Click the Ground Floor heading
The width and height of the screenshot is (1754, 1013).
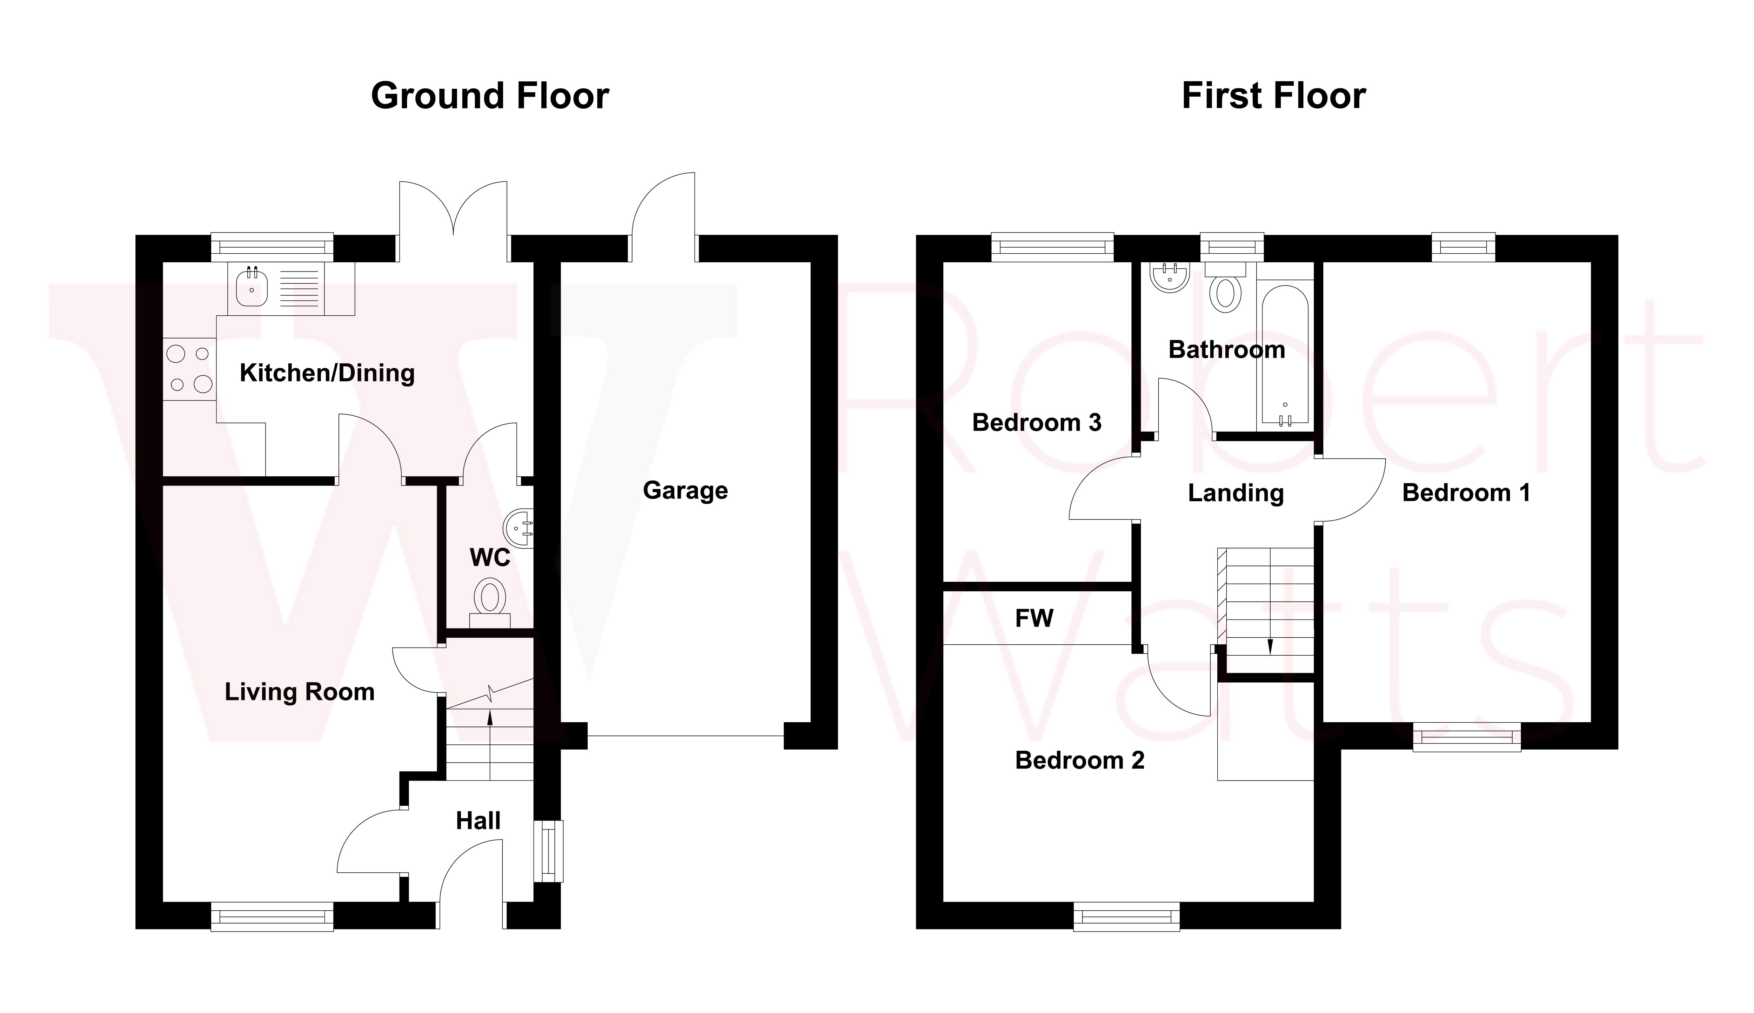click(490, 96)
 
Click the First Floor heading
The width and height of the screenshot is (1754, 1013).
click(1273, 96)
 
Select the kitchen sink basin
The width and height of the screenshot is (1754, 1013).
click(251, 289)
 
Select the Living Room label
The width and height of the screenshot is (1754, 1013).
click(299, 692)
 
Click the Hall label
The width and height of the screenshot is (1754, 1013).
click(478, 821)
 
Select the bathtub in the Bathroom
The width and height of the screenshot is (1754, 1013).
click(1284, 355)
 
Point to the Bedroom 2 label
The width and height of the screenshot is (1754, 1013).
click(1079, 760)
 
